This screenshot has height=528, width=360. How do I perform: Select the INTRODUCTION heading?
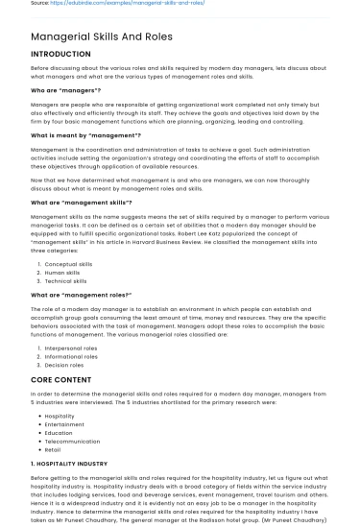point(60,55)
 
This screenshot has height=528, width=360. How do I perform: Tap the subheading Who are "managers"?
point(66,89)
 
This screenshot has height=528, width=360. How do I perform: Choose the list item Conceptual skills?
point(69,263)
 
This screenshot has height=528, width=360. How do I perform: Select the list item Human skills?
point(63,272)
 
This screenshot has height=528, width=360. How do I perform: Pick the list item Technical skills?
point(67,280)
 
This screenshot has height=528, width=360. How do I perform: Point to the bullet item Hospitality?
point(60,416)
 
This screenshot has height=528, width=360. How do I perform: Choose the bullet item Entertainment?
point(65,424)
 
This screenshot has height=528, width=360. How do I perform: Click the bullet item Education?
point(60,433)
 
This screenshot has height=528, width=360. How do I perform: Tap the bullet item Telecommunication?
point(73,441)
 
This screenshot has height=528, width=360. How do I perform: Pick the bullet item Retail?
point(54,449)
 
